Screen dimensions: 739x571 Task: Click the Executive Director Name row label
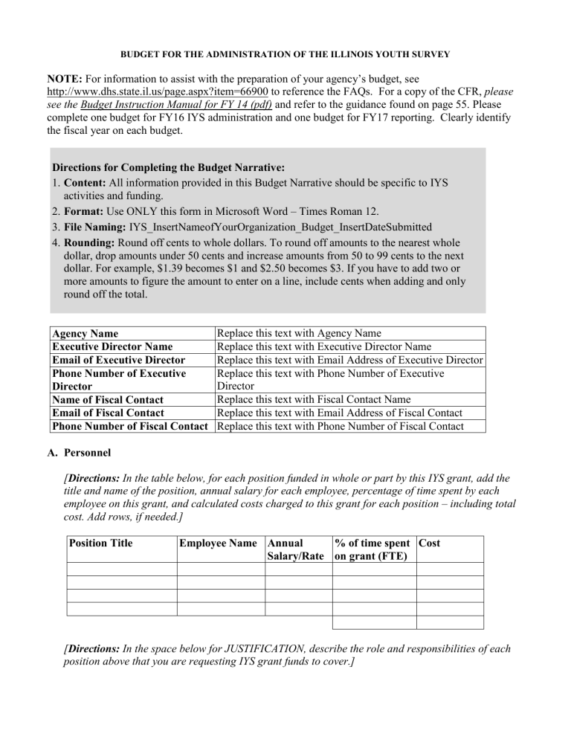112,346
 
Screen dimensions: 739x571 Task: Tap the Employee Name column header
220,543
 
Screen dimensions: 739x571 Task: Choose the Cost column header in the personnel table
430,543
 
